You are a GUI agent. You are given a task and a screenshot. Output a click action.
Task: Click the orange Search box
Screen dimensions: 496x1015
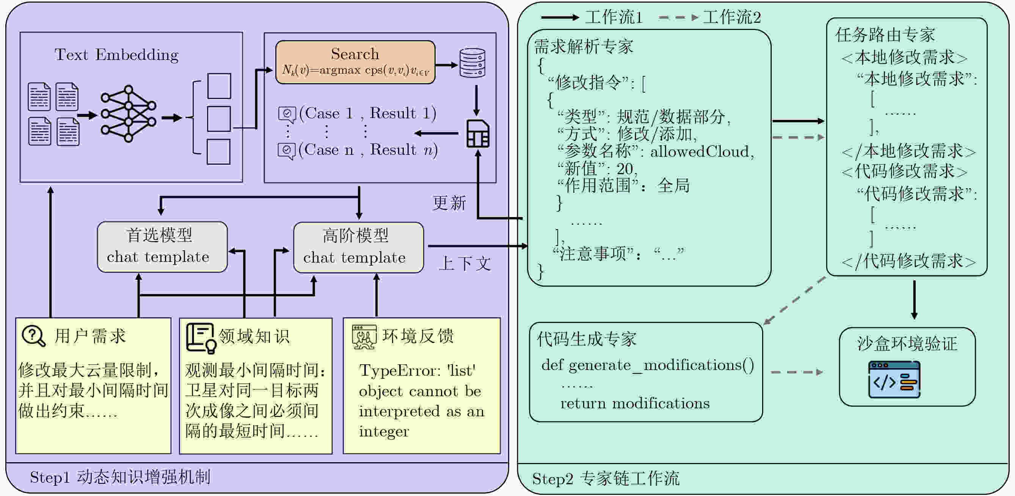[x=355, y=62]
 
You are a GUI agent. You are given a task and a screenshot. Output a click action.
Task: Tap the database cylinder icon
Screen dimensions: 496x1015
[x=472, y=63]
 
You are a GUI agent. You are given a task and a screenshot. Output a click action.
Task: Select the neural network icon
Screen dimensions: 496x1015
[x=128, y=113]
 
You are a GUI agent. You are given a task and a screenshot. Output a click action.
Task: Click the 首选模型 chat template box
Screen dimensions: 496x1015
[x=162, y=247]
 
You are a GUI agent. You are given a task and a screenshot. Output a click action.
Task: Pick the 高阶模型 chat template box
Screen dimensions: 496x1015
[x=358, y=247]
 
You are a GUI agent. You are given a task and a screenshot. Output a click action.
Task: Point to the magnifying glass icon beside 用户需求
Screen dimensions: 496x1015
[x=34, y=336]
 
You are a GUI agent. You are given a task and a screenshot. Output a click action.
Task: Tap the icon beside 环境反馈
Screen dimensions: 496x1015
[x=364, y=337]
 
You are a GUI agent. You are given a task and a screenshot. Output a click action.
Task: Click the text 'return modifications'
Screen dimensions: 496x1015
[x=635, y=403]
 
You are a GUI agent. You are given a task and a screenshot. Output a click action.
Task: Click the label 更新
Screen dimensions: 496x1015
[x=449, y=203]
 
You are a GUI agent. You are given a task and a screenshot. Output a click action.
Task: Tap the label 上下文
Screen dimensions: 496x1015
[x=465, y=264]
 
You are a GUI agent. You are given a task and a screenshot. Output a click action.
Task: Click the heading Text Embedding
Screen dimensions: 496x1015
[x=116, y=55]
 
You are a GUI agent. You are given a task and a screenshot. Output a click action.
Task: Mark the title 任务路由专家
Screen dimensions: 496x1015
[x=885, y=35]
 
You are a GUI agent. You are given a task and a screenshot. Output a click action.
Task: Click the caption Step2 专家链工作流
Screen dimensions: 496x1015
[x=605, y=479]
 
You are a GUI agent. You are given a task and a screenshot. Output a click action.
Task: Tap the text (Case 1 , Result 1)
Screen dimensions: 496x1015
[x=367, y=113]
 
